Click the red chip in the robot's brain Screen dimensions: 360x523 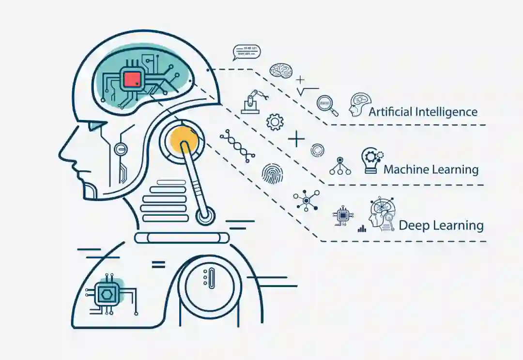tap(132, 78)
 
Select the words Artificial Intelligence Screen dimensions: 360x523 tap(423, 112)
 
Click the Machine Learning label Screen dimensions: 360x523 tap(431, 169)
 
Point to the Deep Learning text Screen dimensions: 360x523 tap(441, 225)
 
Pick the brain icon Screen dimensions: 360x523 tap(281, 71)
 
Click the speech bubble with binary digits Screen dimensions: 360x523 tap(246, 52)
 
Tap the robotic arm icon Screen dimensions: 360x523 tap(253, 101)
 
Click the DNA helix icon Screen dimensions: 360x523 tap(237, 146)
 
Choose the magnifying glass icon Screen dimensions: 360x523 tap(327, 106)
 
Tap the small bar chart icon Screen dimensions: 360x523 tap(362, 228)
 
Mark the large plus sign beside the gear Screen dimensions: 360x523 tap(296, 140)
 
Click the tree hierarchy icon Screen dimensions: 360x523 tap(340, 166)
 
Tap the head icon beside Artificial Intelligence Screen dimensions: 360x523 tap(359, 105)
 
